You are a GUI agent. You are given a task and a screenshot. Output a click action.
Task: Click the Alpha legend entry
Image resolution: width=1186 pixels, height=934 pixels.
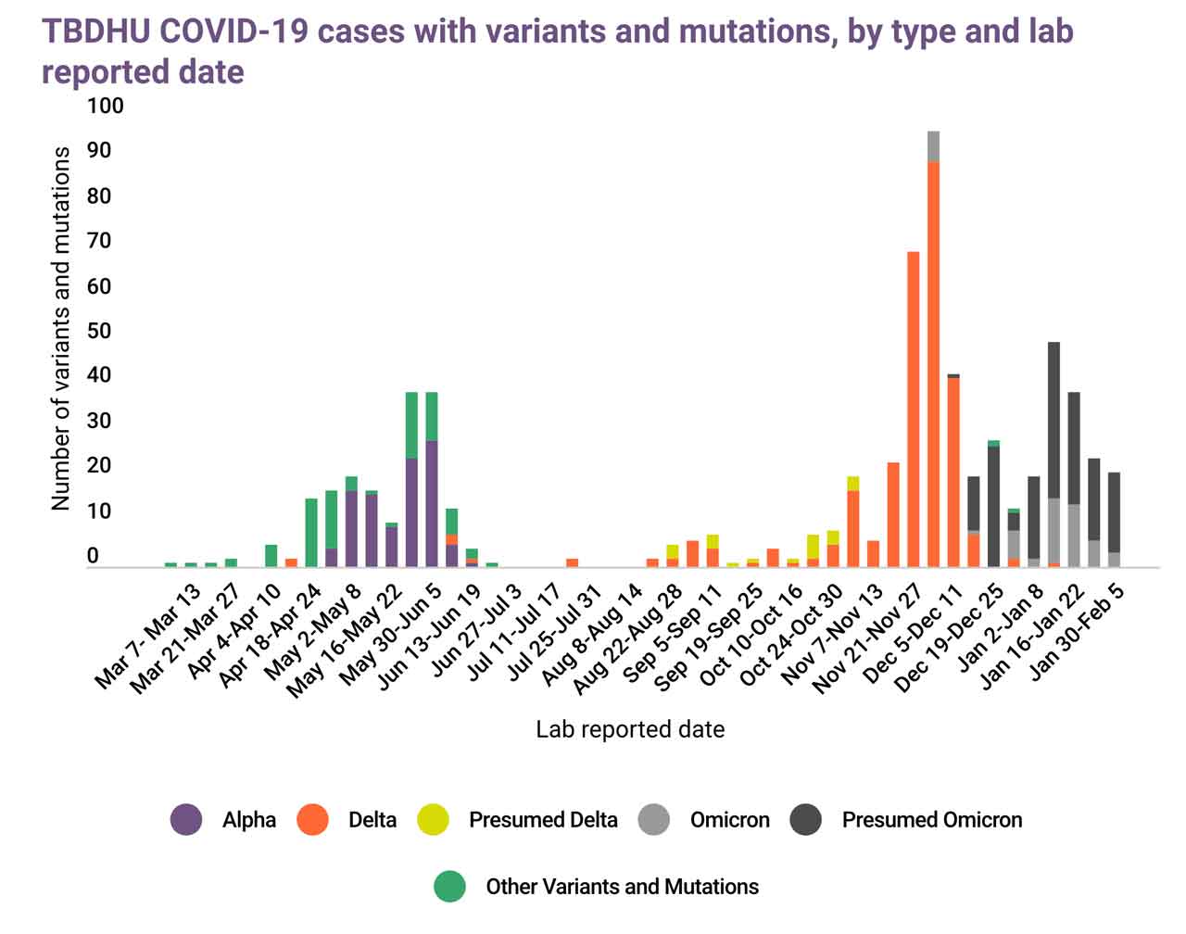248,820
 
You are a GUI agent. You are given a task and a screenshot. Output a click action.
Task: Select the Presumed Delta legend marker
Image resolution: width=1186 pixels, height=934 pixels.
433,820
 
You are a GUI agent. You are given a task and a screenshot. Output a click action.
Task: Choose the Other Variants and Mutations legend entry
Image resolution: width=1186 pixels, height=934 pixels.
622,887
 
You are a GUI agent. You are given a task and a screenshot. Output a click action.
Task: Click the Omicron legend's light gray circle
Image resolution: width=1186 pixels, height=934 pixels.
654,820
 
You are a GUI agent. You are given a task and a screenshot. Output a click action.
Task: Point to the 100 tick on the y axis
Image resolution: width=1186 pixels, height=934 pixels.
105,106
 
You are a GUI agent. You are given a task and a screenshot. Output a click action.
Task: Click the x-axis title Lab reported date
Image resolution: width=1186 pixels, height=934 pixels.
630,729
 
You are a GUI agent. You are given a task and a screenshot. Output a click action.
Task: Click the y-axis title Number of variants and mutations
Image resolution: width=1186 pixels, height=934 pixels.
61,328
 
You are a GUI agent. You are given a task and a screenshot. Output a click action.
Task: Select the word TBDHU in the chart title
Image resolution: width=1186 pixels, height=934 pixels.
95,31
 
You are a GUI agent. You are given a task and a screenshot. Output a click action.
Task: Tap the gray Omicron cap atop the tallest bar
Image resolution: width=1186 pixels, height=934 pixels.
933,146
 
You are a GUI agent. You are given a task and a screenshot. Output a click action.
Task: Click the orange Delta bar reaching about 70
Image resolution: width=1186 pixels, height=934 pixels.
913,409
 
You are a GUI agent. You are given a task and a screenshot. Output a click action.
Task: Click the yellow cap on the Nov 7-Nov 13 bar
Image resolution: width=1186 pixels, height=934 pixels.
852,483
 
